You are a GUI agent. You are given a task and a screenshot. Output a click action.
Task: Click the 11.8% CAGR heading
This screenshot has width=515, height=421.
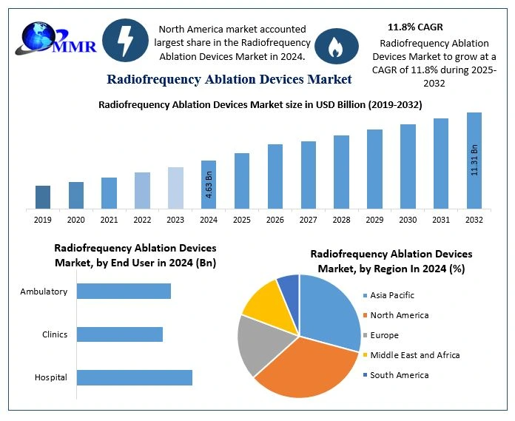[415, 27]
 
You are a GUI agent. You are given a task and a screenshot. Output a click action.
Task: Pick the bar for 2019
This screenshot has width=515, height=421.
[43, 197]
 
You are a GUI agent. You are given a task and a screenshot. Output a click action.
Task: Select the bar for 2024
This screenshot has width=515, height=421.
[209, 184]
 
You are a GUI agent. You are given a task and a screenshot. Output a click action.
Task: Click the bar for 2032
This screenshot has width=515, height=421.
[474, 160]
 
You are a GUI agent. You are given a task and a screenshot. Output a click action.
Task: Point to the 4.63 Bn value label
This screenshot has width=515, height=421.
[209, 185]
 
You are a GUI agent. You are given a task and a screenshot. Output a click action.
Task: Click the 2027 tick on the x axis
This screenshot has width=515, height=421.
[309, 219]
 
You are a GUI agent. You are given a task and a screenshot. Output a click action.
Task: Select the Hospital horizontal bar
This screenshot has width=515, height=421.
[135, 377]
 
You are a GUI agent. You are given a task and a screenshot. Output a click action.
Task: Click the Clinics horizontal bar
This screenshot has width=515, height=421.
[120, 334]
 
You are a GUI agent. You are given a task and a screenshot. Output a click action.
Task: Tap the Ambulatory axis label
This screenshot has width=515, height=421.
[44, 292]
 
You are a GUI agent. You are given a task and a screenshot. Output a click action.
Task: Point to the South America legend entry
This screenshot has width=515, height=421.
[399, 375]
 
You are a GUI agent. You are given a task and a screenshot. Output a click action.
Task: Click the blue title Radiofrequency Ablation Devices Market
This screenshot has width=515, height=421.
[229, 79]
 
